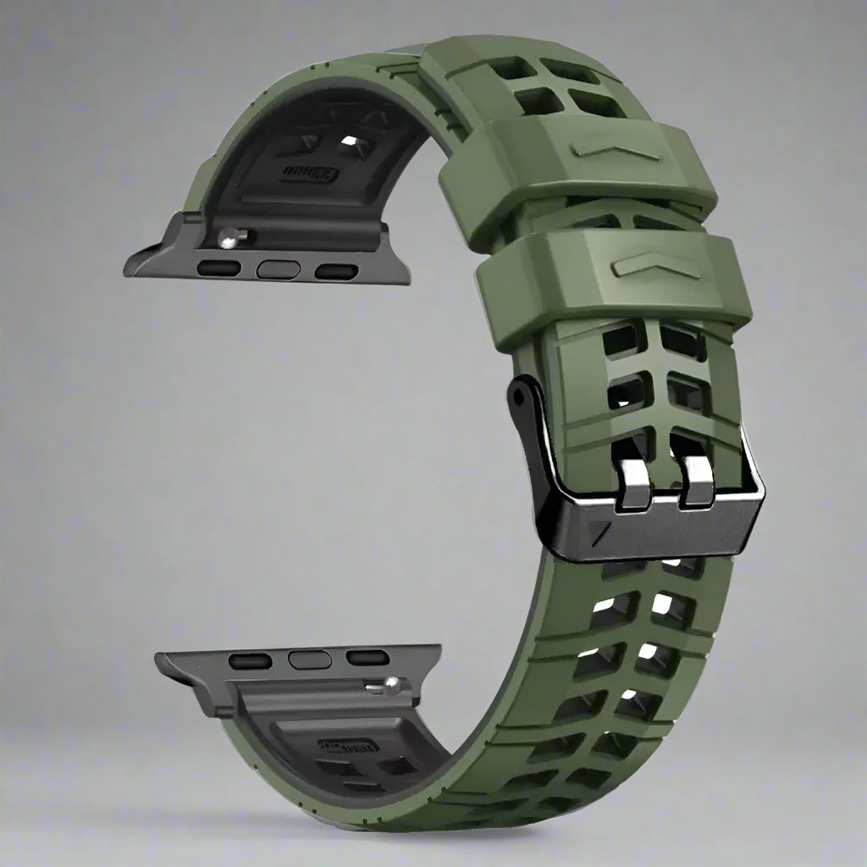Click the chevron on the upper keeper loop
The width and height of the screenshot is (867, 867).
[614, 150]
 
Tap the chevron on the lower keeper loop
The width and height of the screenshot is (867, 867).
[656, 268]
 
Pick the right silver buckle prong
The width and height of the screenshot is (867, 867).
[698, 483]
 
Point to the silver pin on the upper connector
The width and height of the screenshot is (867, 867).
[229, 239]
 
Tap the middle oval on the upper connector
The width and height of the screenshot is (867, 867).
[279, 270]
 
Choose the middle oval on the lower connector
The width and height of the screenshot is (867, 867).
[309, 658]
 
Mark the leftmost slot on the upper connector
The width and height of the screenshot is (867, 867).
[219, 269]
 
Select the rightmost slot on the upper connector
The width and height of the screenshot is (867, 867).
[336, 271]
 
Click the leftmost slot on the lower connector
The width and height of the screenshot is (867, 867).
[251, 661]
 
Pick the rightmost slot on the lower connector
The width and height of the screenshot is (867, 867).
[367, 657]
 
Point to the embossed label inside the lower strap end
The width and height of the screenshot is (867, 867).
[349, 747]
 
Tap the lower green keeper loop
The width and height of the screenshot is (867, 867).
[614, 288]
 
